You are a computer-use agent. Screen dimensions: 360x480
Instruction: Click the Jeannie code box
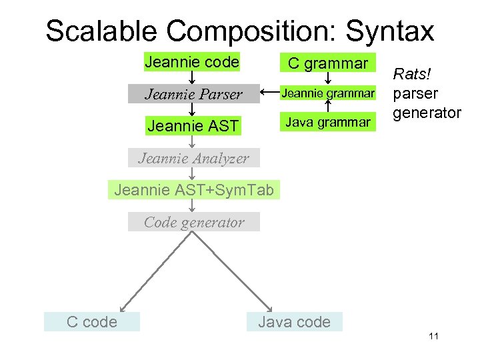pos(191,63)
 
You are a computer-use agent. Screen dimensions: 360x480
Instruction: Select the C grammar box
pos(327,63)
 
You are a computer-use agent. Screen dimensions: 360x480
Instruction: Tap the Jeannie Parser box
pos(194,94)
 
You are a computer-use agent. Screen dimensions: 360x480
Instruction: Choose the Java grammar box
pos(327,121)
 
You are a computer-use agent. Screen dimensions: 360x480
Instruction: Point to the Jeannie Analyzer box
pos(193,158)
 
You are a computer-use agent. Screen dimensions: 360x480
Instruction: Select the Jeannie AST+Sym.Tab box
pos(194,190)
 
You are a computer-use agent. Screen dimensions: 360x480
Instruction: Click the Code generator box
pos(194,222)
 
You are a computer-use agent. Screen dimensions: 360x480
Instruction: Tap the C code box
pos(92,322)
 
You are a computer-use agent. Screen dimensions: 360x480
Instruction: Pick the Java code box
pos(294,322)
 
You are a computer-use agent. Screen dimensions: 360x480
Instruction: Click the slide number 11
pos(433,336)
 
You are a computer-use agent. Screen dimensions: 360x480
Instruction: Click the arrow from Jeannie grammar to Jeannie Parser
pos(268,92)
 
